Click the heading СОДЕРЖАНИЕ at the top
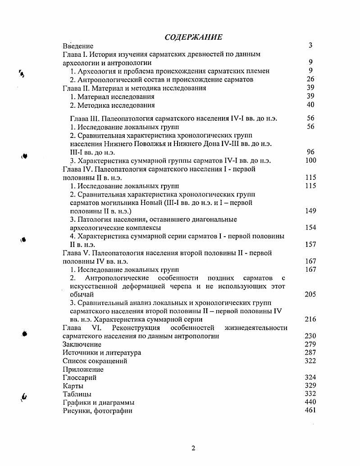point(193,37)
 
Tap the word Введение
point(78,46)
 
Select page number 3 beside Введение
point(310,46)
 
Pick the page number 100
point(310,160)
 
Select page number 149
point(310,211)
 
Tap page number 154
point(310,228)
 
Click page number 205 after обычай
point(310,294)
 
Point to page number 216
point(310,320)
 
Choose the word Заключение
point(82,344)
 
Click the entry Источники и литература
point(101,353)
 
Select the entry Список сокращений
point(95,361)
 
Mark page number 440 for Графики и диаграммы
point(310,402)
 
